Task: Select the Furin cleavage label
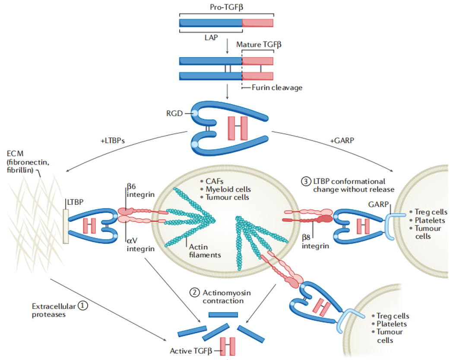pyautogui.click(x=277, y=88)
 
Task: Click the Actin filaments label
pyautogui.click(x=205, y=250)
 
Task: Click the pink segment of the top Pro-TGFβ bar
pyautogui.click(x=258, y=23)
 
